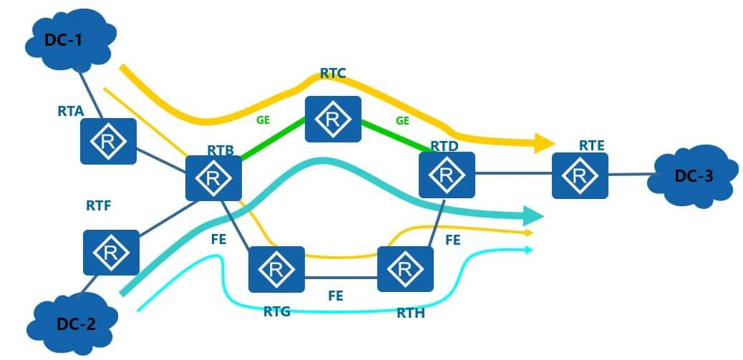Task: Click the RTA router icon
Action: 108,140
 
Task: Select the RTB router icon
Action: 213,177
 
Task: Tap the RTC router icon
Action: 333,120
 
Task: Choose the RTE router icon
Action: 580,175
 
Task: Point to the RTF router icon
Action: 111,253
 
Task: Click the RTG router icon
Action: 276,269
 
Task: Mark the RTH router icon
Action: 405,269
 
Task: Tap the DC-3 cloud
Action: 693,175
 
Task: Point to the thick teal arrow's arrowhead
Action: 533,215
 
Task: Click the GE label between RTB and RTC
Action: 263,120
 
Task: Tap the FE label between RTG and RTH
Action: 336,294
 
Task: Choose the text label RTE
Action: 592,145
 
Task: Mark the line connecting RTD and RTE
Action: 513,172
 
